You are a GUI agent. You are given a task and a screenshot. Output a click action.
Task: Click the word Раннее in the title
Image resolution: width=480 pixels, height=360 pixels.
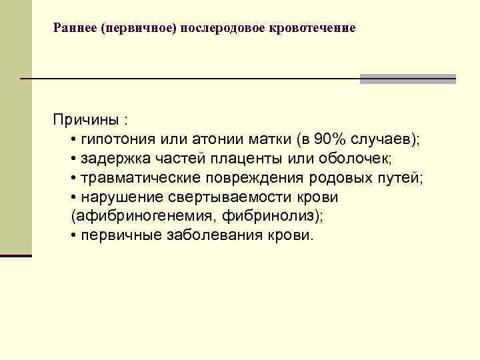73,29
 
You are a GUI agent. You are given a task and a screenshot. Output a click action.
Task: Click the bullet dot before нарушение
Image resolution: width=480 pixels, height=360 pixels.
73,198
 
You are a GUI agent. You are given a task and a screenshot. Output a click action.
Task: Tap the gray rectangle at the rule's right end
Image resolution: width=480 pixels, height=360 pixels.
407,79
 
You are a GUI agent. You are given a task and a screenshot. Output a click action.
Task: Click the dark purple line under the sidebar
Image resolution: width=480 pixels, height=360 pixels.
16,255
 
